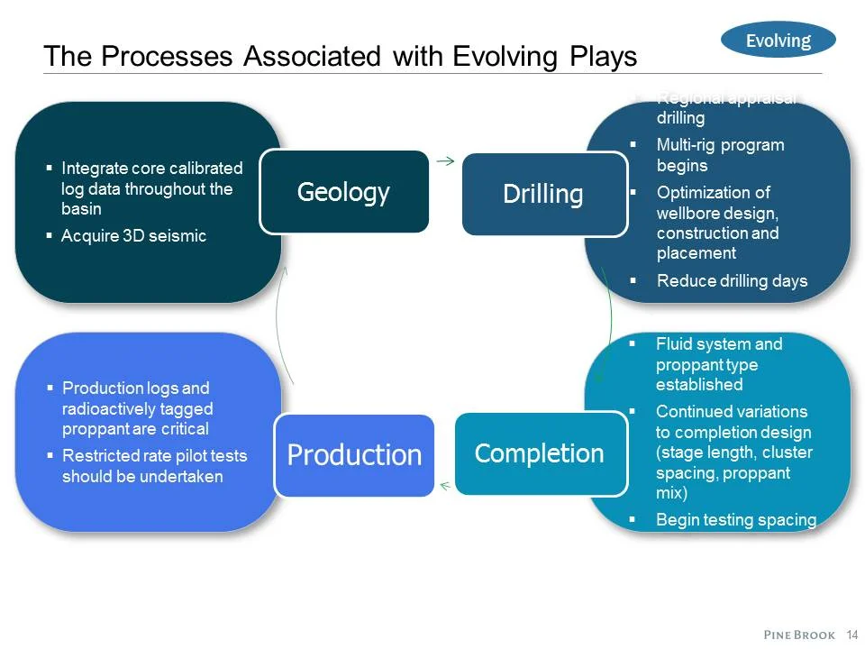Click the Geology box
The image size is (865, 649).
point(343,192)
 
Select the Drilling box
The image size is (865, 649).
point(543,195)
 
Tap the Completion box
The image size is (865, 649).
point(540,453)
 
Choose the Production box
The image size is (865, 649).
point(354,455)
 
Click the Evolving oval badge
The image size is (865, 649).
point(778,41)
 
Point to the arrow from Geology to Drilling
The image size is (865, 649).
point(444,161)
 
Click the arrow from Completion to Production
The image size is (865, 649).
point(444,487)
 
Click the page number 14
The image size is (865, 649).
point(852,635)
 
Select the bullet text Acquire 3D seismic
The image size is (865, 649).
point(133,236)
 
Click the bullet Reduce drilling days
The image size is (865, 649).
point(732,281)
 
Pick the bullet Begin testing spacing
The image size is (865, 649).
point(735,519)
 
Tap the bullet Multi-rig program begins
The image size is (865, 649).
point(720,155)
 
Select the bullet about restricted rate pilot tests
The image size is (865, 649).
point(154,466)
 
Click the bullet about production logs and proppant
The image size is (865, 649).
point(135,408)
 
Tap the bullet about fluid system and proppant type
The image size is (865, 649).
point(719,364)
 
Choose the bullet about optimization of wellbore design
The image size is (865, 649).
point(717,223)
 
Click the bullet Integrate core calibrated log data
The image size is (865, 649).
point(151,188)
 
